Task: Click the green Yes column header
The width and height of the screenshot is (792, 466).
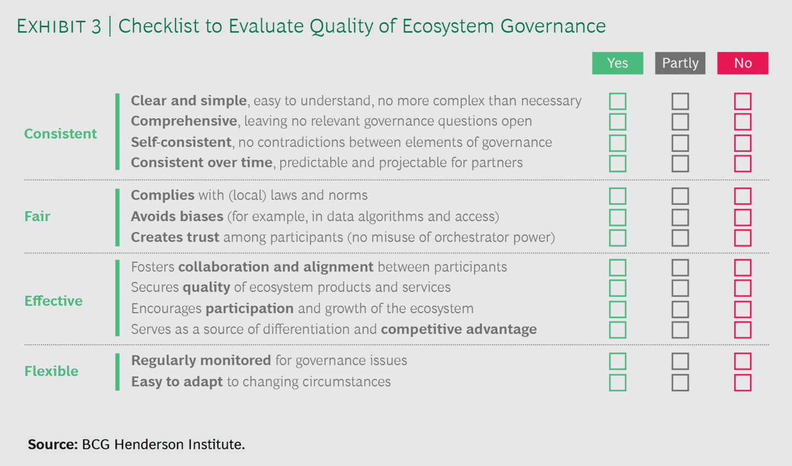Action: pos(617,63)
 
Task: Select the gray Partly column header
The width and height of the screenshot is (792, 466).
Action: pos(680,63)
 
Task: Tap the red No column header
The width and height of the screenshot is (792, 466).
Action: pos(743,63)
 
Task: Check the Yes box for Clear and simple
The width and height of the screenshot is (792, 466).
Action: pos(617,101)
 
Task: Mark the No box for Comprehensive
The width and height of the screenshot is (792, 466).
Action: pos(743,122)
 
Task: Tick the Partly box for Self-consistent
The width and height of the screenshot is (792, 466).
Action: pos(680,143)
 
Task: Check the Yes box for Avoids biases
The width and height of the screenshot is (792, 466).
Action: pos(617,217)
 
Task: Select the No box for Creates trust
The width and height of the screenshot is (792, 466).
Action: pos(743,238)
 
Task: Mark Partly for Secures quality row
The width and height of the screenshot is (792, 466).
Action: pos(680,288)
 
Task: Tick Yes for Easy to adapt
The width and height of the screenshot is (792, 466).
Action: pos(617,382)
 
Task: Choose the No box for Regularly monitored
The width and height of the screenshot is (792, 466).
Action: pos(743,361)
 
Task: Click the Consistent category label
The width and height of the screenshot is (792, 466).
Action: pos(61,134)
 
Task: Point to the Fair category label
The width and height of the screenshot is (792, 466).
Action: pos(37,216)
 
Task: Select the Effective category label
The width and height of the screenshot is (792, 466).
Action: pos(53,301)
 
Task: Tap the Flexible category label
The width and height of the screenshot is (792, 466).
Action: pos(51,371)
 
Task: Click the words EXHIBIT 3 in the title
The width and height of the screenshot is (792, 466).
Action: pos(59,26)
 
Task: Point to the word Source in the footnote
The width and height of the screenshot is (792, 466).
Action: pos(52,445)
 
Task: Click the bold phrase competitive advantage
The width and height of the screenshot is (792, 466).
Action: pos(459,330)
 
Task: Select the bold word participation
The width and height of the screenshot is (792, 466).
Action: pos(250,309)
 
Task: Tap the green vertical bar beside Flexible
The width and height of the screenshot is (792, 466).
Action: pos(117,372)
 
